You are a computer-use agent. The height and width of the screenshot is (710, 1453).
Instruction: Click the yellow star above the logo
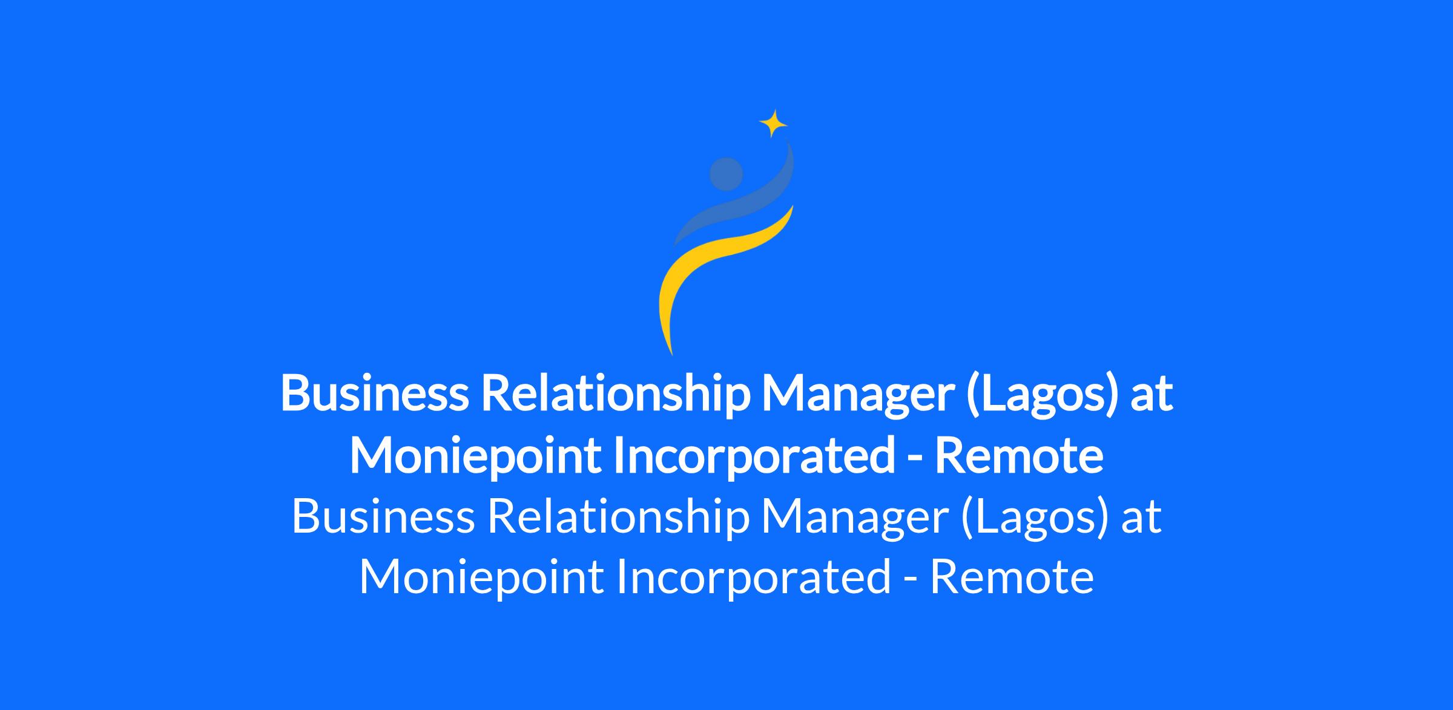click(773, 124)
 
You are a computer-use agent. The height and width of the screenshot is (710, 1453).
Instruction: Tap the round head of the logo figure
click(726, 174)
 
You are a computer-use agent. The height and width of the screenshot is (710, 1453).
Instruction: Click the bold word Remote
click(1019, 456)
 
